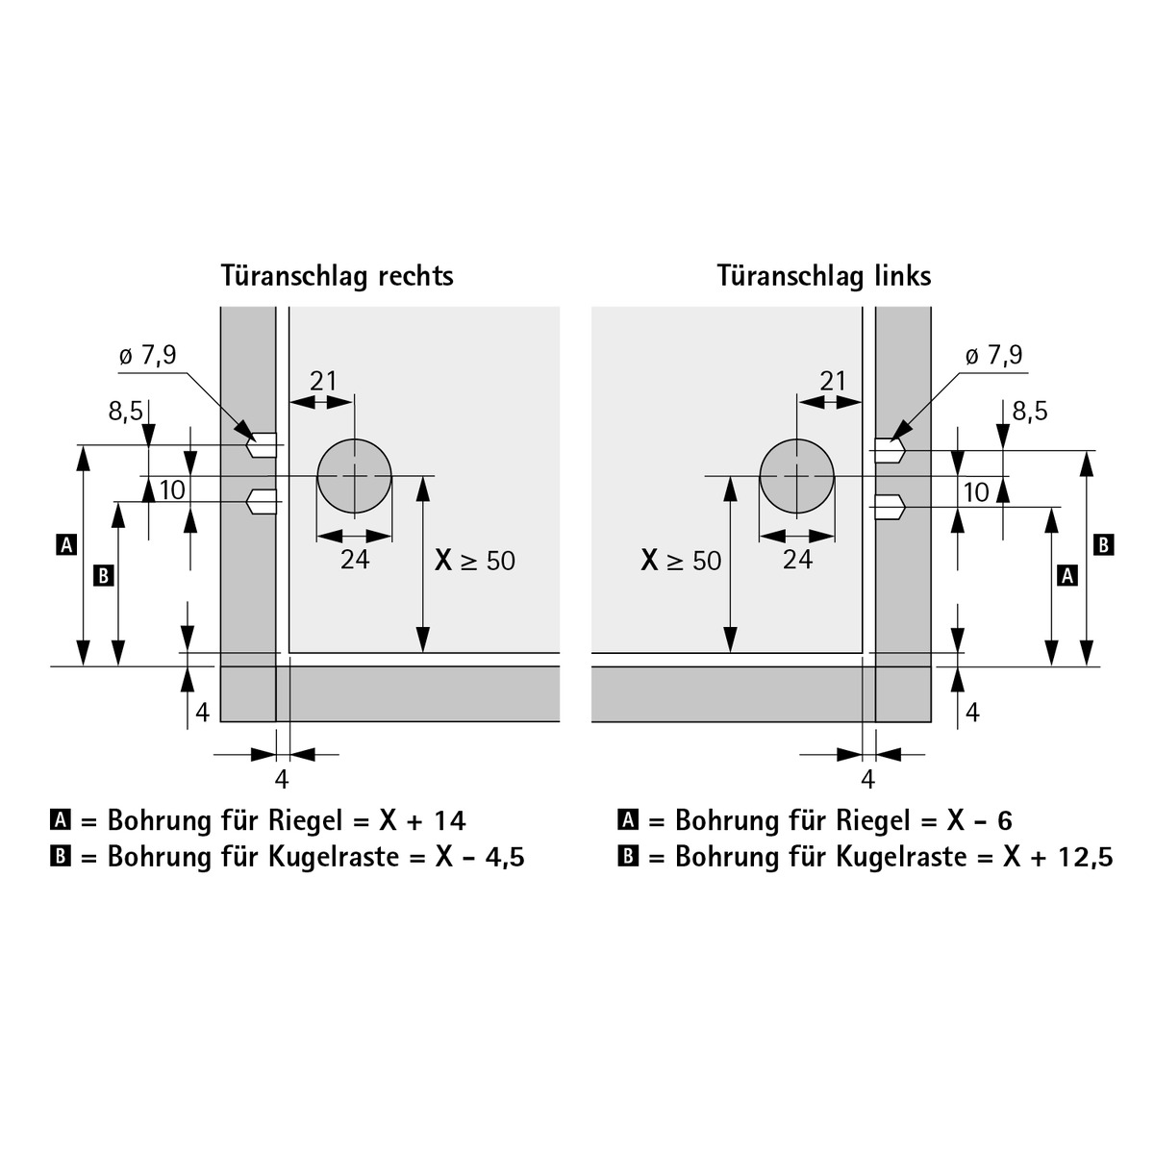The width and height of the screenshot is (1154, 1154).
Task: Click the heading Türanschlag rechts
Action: point(338,277)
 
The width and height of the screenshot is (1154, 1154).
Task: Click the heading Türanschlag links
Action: point(824,277)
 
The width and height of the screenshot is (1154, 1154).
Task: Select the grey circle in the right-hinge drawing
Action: point(355,477)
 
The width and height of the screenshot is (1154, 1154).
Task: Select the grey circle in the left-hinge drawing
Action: point(797,477)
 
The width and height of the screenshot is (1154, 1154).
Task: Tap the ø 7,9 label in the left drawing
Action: point(148,356)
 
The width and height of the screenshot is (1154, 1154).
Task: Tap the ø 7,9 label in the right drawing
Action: point(994,356)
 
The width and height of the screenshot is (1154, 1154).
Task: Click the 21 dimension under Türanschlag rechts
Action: point(323,381)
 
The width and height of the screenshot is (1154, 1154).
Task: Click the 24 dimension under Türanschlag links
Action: point(797,560)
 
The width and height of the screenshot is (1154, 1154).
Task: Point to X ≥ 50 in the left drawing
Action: point(475,561)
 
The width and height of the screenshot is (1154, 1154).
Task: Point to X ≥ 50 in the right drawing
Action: point(681,561)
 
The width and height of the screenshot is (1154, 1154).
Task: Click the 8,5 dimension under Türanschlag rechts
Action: point(126,412)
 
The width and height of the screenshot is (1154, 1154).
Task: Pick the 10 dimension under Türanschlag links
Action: point(976,493)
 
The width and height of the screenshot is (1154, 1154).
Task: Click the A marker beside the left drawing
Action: point(67,545)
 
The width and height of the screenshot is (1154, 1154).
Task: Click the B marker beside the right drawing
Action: point(1104,545)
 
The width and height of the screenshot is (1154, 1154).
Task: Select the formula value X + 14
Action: point(423,820)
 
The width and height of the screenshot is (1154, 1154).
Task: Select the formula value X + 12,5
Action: point(1058,857)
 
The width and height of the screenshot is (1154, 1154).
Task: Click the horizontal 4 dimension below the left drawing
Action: point(282,780)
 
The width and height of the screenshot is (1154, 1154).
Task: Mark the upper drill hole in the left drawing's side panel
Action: point(262,445)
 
